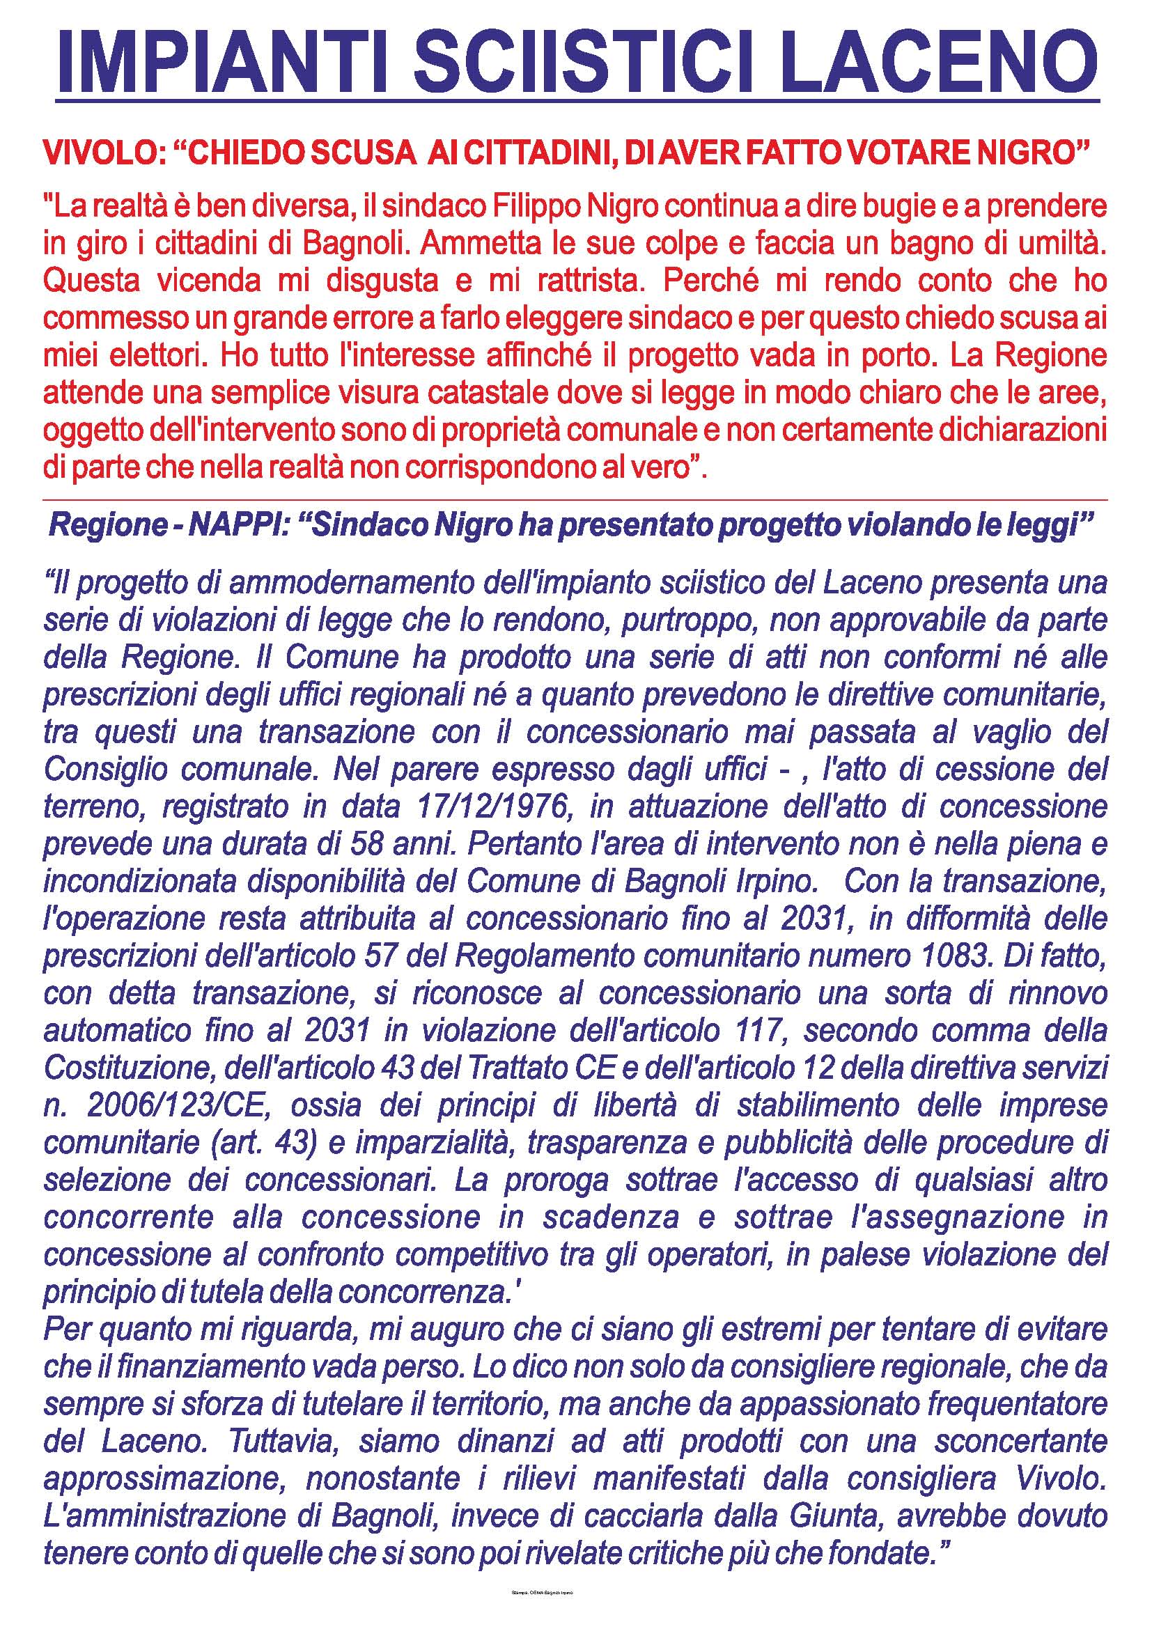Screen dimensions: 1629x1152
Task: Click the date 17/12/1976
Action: tap(493, 806)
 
